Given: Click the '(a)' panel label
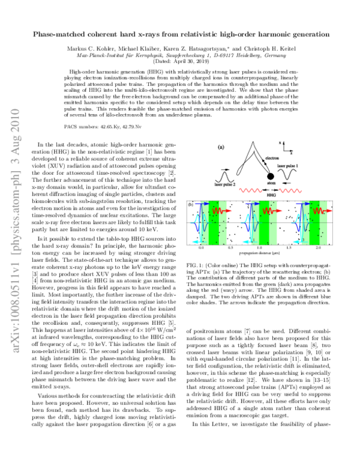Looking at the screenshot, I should [221, 147].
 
